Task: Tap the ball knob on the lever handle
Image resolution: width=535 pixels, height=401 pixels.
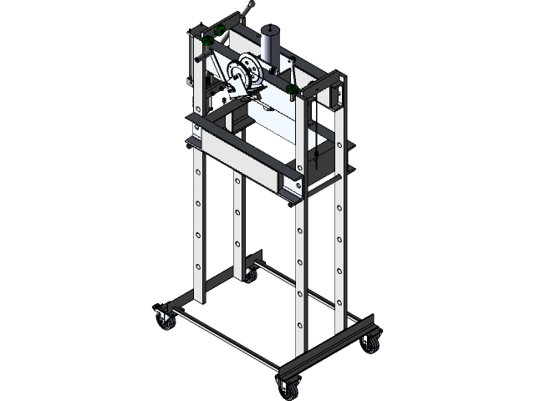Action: [249, 8]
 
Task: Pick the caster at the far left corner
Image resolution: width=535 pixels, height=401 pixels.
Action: [161, 318]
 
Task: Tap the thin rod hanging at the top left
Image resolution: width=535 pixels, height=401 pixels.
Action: [191, 63]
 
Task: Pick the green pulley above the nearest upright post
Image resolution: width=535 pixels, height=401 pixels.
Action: [293, 88]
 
